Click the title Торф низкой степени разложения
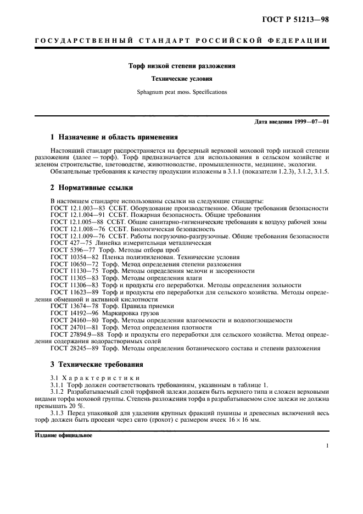(182, 66)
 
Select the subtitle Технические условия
(182, 79)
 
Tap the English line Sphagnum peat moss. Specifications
(182, 92)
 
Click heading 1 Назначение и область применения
(114, 137)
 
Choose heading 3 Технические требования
(97, 364)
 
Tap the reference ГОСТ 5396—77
(66, 249)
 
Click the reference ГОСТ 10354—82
(68, 256)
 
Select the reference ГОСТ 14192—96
(68, 312)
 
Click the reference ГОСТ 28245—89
(68, 348)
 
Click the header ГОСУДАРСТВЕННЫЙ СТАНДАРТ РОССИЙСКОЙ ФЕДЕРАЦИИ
(182, 41)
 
